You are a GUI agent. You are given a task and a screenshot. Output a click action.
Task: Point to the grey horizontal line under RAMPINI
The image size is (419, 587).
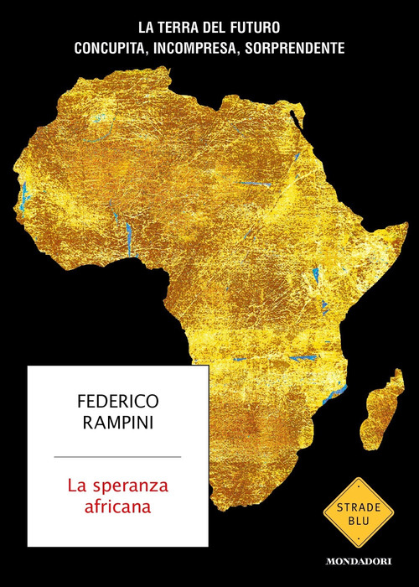[x=116, y=457]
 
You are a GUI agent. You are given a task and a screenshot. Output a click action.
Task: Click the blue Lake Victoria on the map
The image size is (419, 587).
[x=318, y=276]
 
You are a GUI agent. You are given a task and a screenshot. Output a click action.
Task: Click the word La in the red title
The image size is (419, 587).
[x=80, y=484]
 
